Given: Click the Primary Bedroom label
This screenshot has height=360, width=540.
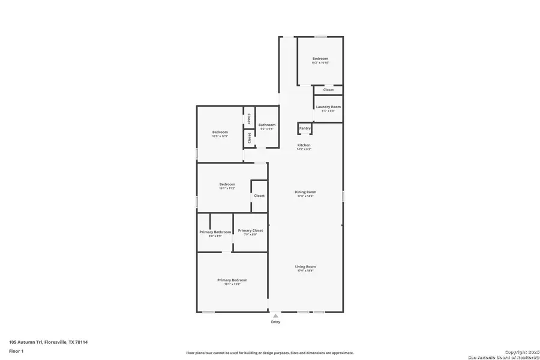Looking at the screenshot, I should tap(232, 280).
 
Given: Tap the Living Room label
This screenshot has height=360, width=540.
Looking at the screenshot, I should tap(305, 267).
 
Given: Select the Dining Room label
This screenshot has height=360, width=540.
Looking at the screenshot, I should tap(305, 192).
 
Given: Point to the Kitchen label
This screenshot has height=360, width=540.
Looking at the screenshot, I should tap(304, 145).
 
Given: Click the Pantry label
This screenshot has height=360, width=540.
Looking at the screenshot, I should tap(305, 128).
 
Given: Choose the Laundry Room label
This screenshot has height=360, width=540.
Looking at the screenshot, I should tap(328, 107).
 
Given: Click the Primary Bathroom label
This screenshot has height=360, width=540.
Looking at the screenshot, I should tap(215, 232).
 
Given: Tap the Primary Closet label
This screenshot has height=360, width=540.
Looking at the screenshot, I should tap(250, 230).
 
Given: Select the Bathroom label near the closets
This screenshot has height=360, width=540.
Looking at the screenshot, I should tap(267, 125).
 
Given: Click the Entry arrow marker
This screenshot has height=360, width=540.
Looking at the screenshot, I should tap(275, 315).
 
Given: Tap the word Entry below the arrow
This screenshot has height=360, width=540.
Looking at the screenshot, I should tap(275, 322).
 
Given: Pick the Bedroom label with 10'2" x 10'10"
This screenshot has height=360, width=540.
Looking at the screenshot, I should tap(320, 59).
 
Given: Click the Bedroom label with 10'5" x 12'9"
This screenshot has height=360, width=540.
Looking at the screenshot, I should tap(220, 132).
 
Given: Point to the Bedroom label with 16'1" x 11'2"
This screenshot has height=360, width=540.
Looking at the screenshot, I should tap(227, 184).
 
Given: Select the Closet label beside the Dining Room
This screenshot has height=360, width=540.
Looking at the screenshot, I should tap(259, 196).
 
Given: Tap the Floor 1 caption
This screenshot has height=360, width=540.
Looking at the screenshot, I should tap(16, 350).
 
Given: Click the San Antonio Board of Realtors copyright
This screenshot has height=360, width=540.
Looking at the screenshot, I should tap(503, 354).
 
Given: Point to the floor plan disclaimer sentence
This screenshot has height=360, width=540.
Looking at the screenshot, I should tap(270, 353).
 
